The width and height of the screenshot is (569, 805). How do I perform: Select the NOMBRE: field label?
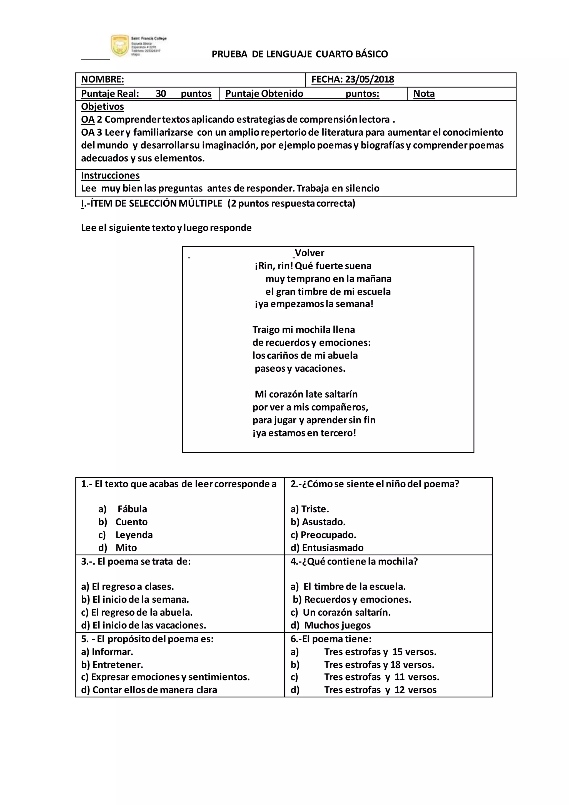(x=102, y=79)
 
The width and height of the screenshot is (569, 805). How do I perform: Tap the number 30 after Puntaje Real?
(x=161, y=94)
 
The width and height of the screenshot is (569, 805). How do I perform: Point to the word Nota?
(x=424, y=94)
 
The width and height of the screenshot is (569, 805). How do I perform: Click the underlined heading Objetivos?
(x=102, y=106)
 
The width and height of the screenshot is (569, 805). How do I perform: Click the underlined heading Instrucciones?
(x=110, y=175)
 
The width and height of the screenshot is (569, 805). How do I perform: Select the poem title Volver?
(x=310, y=253)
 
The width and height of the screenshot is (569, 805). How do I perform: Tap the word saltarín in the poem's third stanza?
(x=341, y=394)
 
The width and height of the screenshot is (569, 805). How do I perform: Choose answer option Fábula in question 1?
(x=132, y=509)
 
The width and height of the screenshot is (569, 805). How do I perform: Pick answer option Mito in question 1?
(x=126, y=548)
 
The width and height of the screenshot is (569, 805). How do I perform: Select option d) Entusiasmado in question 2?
(x=327, y=548)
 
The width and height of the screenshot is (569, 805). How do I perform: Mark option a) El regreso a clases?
(x=128, y=586)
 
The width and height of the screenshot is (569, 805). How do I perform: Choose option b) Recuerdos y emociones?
(x=352, y=599)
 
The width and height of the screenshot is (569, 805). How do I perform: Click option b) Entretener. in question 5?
(x=112, y=664)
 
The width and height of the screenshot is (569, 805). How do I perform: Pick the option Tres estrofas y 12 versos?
(x=380, y=690)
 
